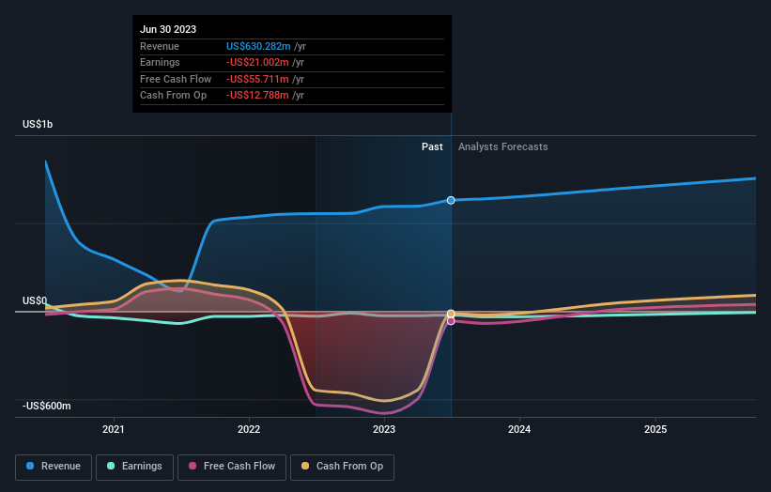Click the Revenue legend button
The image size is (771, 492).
coord(54,466)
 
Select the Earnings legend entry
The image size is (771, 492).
coord(134,466)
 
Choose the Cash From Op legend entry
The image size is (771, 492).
coord(342,466)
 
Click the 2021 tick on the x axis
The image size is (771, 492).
coord(114,429)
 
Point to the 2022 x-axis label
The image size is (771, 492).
coord(249,429)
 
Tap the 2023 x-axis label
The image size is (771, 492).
coord(384,429)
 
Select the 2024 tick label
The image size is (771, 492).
coord(519,429)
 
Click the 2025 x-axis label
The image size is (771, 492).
coord(655,429)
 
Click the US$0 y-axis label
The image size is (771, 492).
coord(35,300)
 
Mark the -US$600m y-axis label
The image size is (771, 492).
coord(47,406)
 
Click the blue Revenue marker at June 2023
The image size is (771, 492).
coord(452,200)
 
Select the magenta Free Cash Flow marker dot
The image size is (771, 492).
coord(452,321)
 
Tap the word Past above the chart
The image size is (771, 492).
coord(432,146)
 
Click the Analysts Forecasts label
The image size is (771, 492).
coord(502,146)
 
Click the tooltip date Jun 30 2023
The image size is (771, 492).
coord(168,30)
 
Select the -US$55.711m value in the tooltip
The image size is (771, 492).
coord(255,79)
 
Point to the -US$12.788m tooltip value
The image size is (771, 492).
coord(255,95)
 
